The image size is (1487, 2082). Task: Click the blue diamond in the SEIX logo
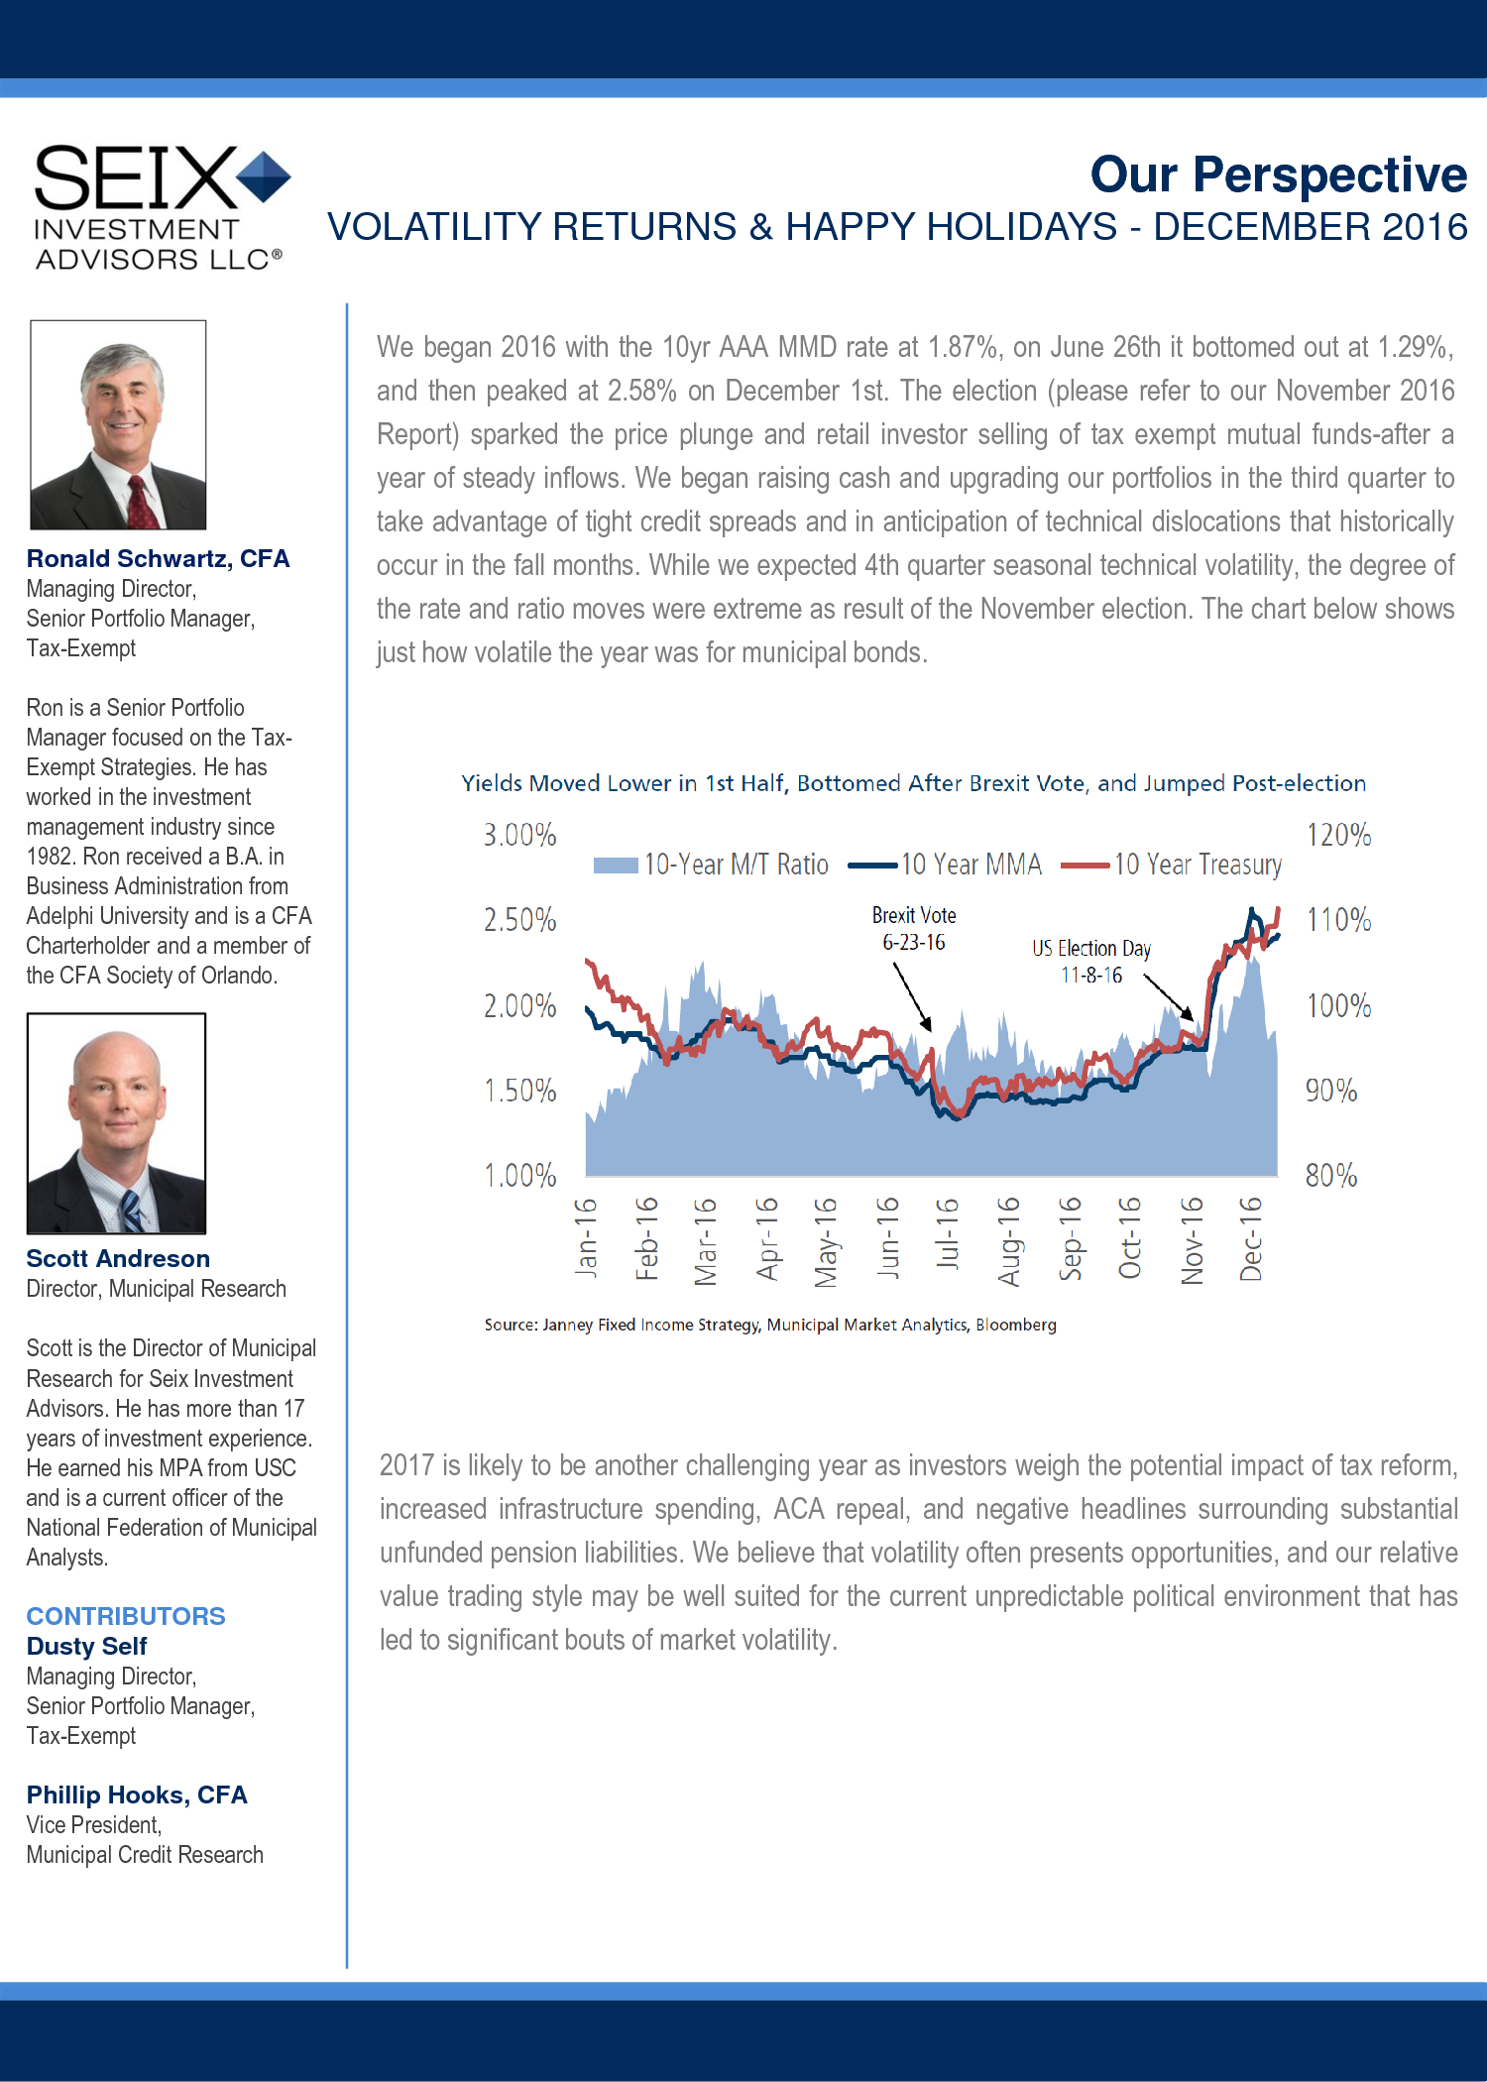point(264,176)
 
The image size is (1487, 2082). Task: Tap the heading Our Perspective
point(1278,174)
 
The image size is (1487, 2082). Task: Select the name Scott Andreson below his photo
point(118,1258)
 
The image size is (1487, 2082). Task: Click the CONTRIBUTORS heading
point(126,1616)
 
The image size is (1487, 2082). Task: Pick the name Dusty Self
point(86,1646)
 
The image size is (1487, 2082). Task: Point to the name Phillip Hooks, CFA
point(137,1794)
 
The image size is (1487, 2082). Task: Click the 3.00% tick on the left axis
point(519,835)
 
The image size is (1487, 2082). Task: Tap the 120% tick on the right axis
point(1338,835)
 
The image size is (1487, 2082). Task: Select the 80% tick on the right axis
point(1330,1175)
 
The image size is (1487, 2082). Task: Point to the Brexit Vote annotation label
point(914,928)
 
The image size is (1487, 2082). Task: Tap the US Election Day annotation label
point(1090,961)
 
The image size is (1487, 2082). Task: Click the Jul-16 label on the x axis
point(948,1234)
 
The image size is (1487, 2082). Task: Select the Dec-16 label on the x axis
point(1251,1238)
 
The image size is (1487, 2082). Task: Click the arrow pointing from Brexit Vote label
point(912,997)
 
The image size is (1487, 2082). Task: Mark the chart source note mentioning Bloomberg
point(770,1325)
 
